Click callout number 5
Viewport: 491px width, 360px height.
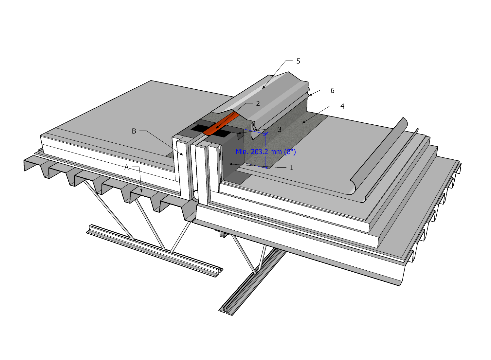coord(298,61)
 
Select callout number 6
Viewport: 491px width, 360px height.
coord(332,91)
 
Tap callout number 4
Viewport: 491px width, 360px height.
coord(342,106)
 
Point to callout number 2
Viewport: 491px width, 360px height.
coord(258,104)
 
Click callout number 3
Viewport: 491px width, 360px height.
coord(279,130)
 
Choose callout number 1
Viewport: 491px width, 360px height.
coord(291,168)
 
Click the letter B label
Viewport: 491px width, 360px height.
coord(134,131)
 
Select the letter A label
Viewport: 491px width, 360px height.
coord(126,167)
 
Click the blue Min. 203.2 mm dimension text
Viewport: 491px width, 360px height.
coord(265,152)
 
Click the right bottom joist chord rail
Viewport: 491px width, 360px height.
coord(252,281)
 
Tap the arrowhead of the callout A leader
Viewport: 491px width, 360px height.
coord(141,191)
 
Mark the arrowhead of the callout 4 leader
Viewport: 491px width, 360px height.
coord(303,123)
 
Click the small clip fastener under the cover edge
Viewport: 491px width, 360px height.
coord(254,126)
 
